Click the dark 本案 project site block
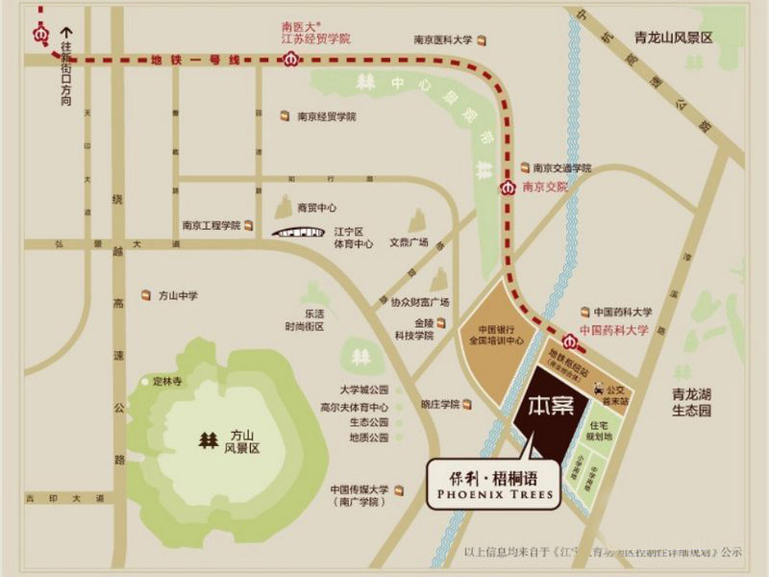click(549, 411)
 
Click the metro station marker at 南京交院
click(506, 188)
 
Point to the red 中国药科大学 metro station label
click(615, 330)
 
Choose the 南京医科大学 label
click(443, 40)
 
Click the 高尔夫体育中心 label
click(355, 406)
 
